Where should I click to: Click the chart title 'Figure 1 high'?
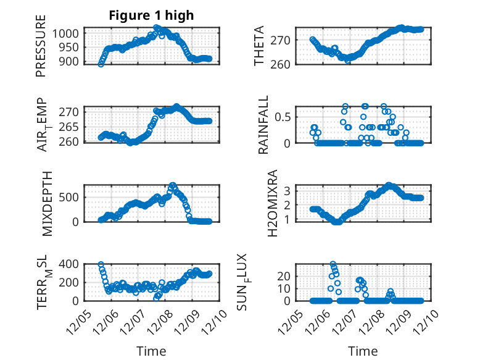(x=151, y=15)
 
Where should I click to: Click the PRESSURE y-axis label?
(x=41, y=49)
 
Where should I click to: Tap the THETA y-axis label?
(x=259, y=46)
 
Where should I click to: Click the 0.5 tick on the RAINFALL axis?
(x=279, y=117)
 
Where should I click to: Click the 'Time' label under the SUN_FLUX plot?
(x=362, y=351)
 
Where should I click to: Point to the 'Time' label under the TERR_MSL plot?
(x=151, y=351)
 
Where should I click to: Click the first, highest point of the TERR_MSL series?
(x=101, y=265)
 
